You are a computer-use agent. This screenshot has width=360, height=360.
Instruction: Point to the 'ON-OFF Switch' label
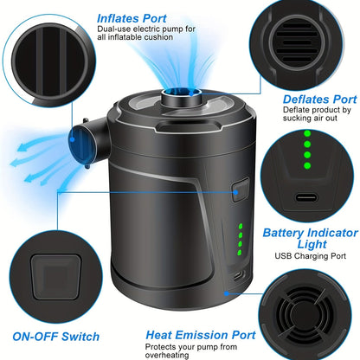pos(56,337)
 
